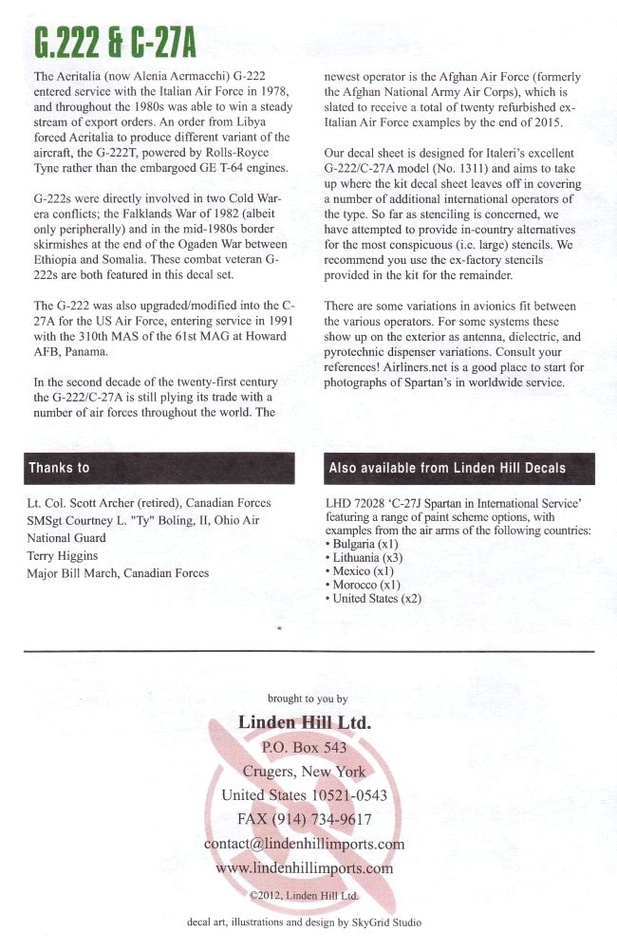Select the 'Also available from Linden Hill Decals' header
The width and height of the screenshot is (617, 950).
point(459,468)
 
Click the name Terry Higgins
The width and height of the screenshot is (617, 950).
point(66,556)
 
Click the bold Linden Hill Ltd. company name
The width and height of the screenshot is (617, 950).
point(305,722)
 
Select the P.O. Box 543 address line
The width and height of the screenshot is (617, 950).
point(304,747)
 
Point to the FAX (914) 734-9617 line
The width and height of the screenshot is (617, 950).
point(304,819)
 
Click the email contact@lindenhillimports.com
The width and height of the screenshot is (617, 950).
point(304,844)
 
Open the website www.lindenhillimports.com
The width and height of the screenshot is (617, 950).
point(304,867)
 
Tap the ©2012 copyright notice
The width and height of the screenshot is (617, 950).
point(304,895)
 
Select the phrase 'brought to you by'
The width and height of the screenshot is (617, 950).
point(307,699)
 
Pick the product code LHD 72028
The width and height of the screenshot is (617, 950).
point(358,502)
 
